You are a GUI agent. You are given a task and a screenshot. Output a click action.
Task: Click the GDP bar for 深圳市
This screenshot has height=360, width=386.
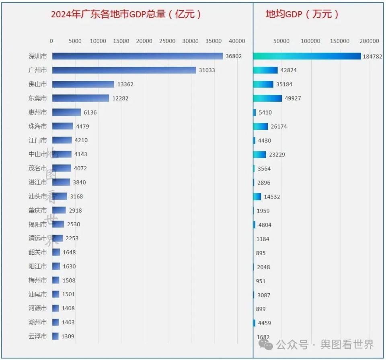[137, 56]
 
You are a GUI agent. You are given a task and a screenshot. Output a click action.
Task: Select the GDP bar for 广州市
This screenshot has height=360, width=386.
[124, 70]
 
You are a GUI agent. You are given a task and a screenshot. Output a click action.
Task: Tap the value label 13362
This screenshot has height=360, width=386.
[125, 84]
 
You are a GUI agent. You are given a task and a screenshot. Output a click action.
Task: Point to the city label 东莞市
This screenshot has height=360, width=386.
[38, 98]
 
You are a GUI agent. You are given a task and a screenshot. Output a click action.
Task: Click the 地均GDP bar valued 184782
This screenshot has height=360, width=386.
[307, 56]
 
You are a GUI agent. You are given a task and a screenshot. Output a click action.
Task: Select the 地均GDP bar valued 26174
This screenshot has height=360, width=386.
[261, 127]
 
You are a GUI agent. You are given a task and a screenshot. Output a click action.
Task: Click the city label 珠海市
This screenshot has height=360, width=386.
[38, 126]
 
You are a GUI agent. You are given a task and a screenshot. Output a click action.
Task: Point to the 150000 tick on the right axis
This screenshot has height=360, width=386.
[340, 41]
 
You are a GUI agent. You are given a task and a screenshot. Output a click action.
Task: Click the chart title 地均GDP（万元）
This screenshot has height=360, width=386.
[302, 14]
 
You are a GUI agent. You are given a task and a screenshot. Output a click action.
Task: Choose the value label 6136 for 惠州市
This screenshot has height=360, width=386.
[90, 112]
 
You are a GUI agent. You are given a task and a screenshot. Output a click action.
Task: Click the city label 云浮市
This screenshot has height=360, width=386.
[38, 336]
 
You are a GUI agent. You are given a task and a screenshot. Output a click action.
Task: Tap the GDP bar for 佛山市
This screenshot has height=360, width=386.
[83, 84]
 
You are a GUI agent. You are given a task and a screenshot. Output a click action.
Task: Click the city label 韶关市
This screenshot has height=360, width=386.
[38, 252]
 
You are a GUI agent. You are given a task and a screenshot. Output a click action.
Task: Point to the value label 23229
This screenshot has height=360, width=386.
[277, 155]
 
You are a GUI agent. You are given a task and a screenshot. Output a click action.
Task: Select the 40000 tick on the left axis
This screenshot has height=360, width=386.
[237, 41]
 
